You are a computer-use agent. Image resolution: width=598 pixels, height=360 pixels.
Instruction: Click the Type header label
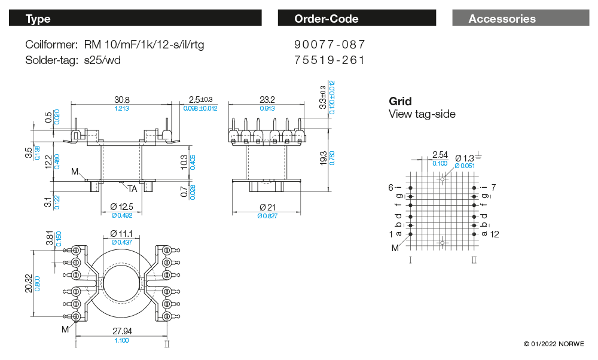pos(38,19)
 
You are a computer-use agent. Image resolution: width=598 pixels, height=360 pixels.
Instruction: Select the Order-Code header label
pos(326,19)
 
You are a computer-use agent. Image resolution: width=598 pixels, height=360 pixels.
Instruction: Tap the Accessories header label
pos(502,19)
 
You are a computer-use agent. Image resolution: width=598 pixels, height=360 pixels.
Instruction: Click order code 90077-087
pos(329,45)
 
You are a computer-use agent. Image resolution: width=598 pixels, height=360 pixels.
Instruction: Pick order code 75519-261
pos(329,60)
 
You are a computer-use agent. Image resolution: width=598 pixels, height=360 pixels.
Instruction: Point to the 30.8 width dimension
pos(122,99)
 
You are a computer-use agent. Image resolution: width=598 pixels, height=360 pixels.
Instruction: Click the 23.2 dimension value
pos(267,99)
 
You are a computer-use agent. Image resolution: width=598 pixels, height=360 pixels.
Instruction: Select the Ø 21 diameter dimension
pos(267,207)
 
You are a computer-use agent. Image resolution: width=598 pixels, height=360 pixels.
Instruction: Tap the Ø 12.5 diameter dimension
pos(122,207)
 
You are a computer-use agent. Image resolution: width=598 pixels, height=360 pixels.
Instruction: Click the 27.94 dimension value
pos(122,331)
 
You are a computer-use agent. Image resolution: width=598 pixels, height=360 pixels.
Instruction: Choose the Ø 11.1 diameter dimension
pos(122,233)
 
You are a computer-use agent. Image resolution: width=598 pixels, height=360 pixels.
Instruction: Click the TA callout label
pos(132,189)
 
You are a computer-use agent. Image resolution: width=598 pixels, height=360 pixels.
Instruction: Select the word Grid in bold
pos(400,102)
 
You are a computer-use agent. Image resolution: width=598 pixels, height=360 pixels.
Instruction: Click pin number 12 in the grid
pos(495,234)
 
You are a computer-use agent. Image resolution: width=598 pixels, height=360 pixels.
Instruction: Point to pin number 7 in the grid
pos(493,188)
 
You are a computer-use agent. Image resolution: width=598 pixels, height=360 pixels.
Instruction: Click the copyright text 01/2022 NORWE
pos(554,344)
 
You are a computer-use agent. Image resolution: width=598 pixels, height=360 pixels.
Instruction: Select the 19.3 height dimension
pos(324,158)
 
